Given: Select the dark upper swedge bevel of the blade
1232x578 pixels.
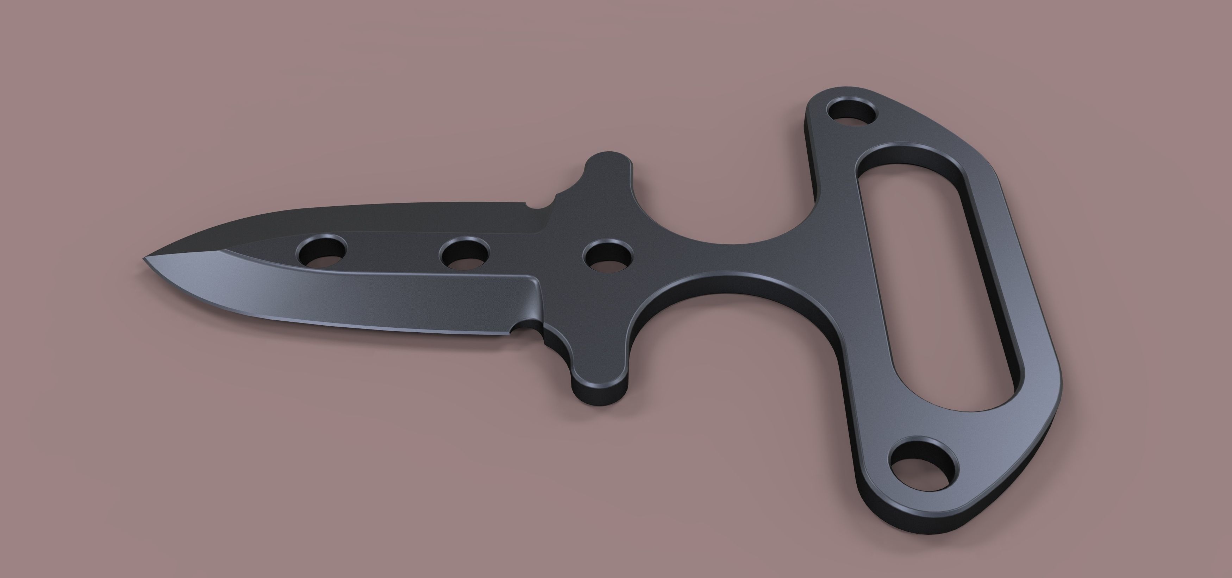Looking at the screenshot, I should (335, 220).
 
